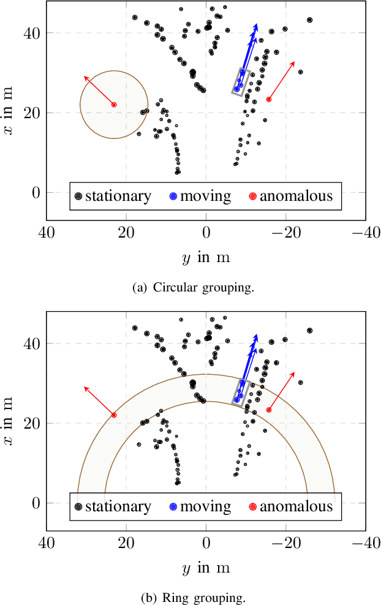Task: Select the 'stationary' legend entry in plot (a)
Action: pyautogui.click(x=112, y=197)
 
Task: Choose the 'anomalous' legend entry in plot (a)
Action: pyautogui.click(x=290, y=197)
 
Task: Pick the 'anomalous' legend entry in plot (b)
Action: pyautogui.click(x=290, y=507)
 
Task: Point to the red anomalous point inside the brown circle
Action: pyautogui.click(x=114, y=105)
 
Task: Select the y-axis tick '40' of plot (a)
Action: pyautogui.click(x=31, y=32)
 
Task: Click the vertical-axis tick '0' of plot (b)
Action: pyautogui.click(x=34, y=503)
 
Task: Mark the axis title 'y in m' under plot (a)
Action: pyautogui.click(x=206, y=258)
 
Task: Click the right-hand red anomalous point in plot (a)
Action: pyautogui.click(x=269, y=99)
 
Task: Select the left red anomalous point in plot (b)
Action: pyautogui.click(x=114, y=415)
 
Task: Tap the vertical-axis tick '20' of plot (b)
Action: pyautogui.click(x=31, y=423)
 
